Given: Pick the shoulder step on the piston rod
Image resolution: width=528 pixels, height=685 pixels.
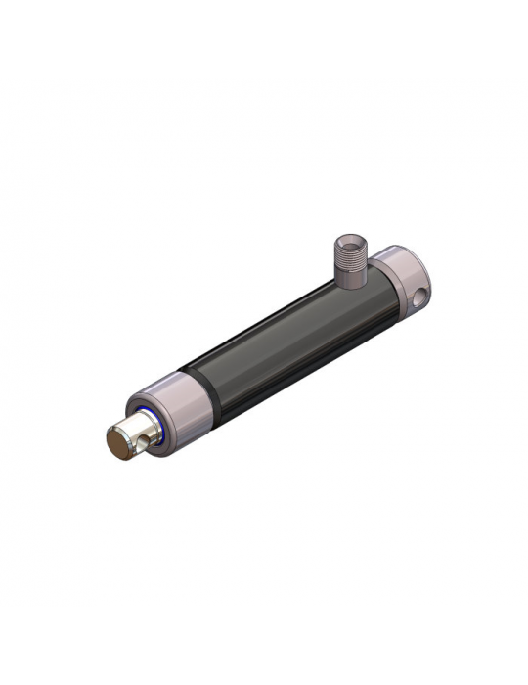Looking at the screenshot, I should (x=138, y=423).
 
